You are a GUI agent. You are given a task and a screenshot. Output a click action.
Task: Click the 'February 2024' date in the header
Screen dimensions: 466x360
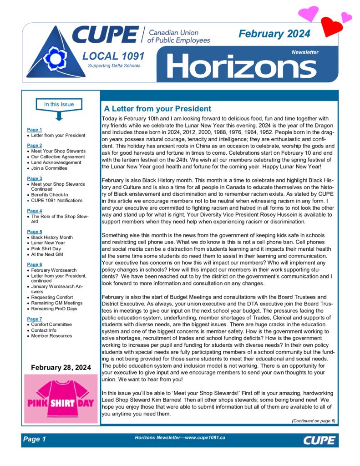[x=274, y=34]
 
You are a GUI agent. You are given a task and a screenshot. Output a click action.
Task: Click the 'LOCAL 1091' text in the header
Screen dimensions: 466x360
[x=113, y=56]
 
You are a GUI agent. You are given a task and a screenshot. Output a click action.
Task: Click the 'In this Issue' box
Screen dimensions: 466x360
[x=59, y=104]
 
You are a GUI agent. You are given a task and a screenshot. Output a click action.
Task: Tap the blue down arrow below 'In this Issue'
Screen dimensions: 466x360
[x=59, y=116]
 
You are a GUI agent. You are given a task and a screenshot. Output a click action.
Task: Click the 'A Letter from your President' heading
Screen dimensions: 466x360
[x=157, y=109]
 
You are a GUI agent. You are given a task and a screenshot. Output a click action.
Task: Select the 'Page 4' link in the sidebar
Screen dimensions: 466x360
[x=35, y=211]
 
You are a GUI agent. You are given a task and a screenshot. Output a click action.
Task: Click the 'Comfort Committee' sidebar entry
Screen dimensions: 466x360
[x=51, y=324]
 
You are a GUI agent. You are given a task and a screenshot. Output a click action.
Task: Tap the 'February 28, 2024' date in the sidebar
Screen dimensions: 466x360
[x=61, y=367]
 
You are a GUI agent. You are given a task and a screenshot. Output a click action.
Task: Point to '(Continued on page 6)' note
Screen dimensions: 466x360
[x=313, y=421]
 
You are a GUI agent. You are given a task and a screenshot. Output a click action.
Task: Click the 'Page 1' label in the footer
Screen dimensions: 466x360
[x=35, y=439]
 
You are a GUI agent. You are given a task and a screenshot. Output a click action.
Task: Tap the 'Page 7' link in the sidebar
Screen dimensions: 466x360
[x=35, y=319]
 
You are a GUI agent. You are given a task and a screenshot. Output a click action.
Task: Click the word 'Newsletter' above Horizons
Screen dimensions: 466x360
[x=305, y=52]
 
